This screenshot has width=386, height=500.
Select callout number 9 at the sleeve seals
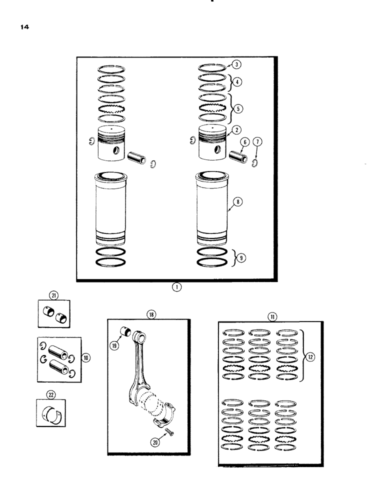pos(86,357)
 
